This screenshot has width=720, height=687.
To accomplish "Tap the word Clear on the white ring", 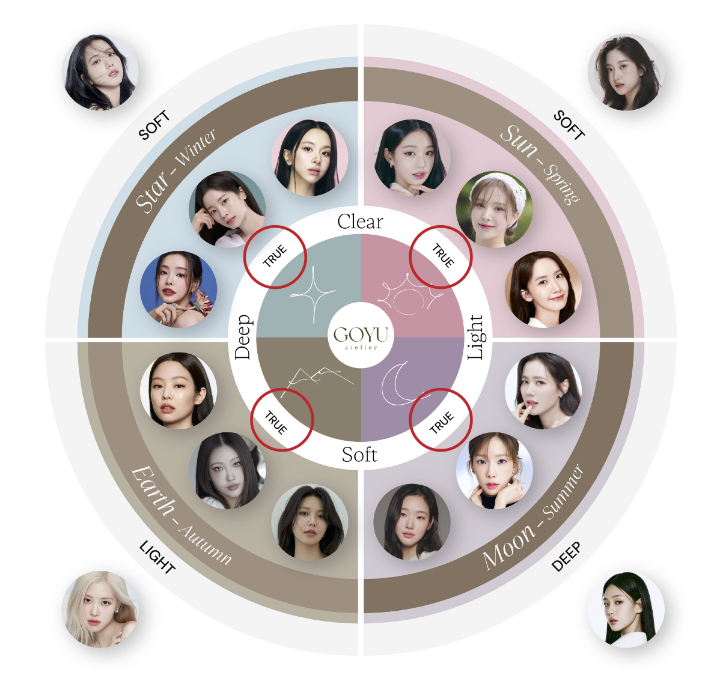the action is (x=360, y=222).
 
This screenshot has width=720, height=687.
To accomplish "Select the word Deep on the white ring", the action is (x=242, y=337).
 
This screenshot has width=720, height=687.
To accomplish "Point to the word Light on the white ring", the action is (x=476, y=337).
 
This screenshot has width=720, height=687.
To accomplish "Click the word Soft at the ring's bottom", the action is (x=359, y=455).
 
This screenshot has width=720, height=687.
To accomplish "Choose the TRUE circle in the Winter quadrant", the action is (x=275, y=256).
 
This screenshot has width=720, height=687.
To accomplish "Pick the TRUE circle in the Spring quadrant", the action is (x=441, y=256).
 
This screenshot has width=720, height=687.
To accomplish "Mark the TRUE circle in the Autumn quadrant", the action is (x=282, y=419).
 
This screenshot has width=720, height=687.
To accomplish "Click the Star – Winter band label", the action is (x=174, y=171).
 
